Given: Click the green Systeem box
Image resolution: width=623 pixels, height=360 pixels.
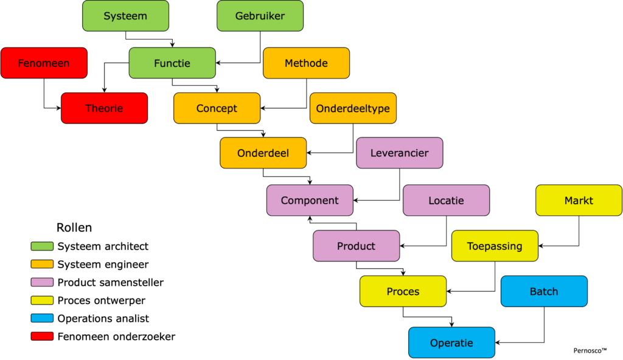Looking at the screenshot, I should (125, 16).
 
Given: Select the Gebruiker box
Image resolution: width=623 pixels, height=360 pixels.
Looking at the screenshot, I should (260, 16).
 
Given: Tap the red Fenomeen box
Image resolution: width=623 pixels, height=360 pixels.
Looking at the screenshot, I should (44, 63).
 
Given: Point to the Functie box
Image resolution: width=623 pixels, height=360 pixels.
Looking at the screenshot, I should (172, 63).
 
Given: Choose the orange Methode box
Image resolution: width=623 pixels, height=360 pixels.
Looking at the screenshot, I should (306, 63).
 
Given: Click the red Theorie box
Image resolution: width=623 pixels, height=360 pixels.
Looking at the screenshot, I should (104, 108).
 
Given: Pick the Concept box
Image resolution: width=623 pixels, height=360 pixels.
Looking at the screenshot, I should (217, 108).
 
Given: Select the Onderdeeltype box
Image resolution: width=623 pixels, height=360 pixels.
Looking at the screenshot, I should (353, 108).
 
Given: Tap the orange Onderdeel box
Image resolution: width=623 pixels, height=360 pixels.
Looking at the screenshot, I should (263, 153).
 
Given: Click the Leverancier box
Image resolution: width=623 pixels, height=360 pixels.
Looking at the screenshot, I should (399, 153).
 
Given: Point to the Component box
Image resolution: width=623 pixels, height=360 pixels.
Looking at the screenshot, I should (310, 200).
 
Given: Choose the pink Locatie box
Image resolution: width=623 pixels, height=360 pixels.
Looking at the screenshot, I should (446, 200).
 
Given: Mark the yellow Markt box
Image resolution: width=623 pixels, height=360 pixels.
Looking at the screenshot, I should (579, 200).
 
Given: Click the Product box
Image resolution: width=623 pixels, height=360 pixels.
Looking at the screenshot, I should (356, 246).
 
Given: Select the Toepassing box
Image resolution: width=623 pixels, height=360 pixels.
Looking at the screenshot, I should (495, 246).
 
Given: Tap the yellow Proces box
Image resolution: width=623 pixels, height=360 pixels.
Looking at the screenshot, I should (403, 291).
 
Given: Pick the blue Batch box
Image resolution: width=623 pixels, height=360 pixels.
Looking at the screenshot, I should (544, 291).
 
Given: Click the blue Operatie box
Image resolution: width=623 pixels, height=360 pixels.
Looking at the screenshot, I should (451, 343).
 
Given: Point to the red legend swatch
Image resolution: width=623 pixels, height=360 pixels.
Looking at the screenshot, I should (42, 336).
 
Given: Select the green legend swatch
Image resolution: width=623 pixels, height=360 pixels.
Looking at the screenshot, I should (42, 246).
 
